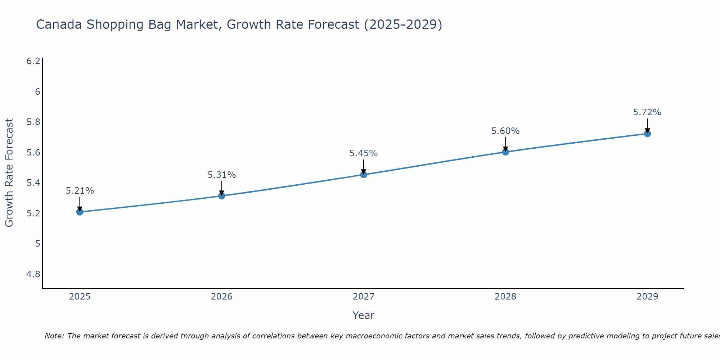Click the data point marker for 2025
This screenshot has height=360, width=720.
point(80,212)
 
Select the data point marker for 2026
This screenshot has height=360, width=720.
point(222,196)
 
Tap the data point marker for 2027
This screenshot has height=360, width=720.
point(364,175)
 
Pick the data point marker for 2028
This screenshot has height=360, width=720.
point(505,152)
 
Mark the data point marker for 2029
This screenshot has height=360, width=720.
point(647,134)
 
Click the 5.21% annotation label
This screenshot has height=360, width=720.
point(80,191)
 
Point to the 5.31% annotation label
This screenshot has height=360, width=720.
point(222,175)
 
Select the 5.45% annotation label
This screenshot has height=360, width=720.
point(364,153)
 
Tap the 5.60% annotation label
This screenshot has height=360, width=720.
point(505,131)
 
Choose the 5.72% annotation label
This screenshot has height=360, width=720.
point(647,112)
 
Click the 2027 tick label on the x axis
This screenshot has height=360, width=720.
point(364,297)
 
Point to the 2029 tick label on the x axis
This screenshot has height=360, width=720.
point(647,297)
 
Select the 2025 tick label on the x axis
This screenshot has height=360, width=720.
point(80,297)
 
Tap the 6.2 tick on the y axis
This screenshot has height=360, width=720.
point(33,61)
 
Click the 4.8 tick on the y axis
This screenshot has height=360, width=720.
point(33,274)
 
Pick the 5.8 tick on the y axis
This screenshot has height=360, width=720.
point(33,122)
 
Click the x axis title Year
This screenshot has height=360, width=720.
point(364,315)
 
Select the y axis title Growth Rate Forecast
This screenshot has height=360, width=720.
point(9,173)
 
